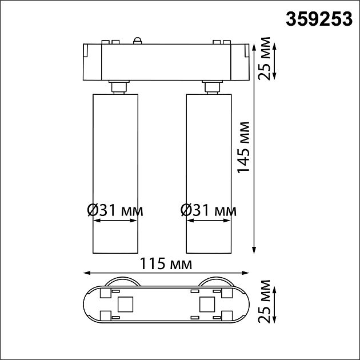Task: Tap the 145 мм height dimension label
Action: click(244, 147)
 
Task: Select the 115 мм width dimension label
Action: click(166, 264)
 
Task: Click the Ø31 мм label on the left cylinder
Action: click(115, 210)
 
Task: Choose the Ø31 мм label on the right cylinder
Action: click(208, 210)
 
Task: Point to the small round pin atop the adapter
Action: click(137, 39)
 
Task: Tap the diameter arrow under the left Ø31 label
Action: click(114, 223)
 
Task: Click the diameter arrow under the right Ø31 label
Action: click(208, 223)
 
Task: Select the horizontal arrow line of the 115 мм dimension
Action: click(166, 273)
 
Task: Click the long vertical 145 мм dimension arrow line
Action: click(254, 171)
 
